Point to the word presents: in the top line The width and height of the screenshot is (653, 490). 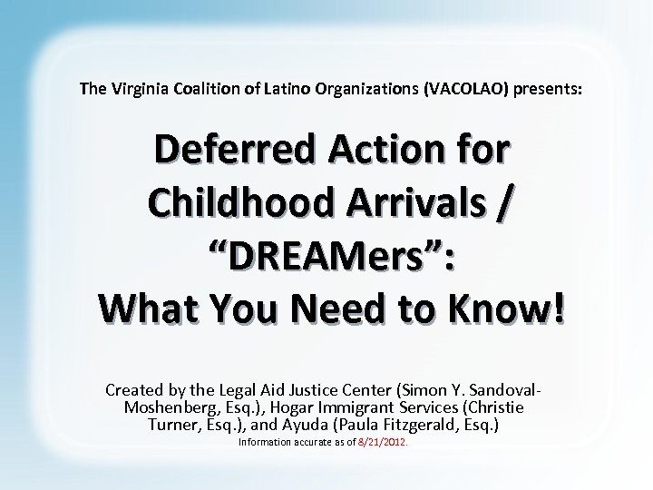point(547,89)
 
